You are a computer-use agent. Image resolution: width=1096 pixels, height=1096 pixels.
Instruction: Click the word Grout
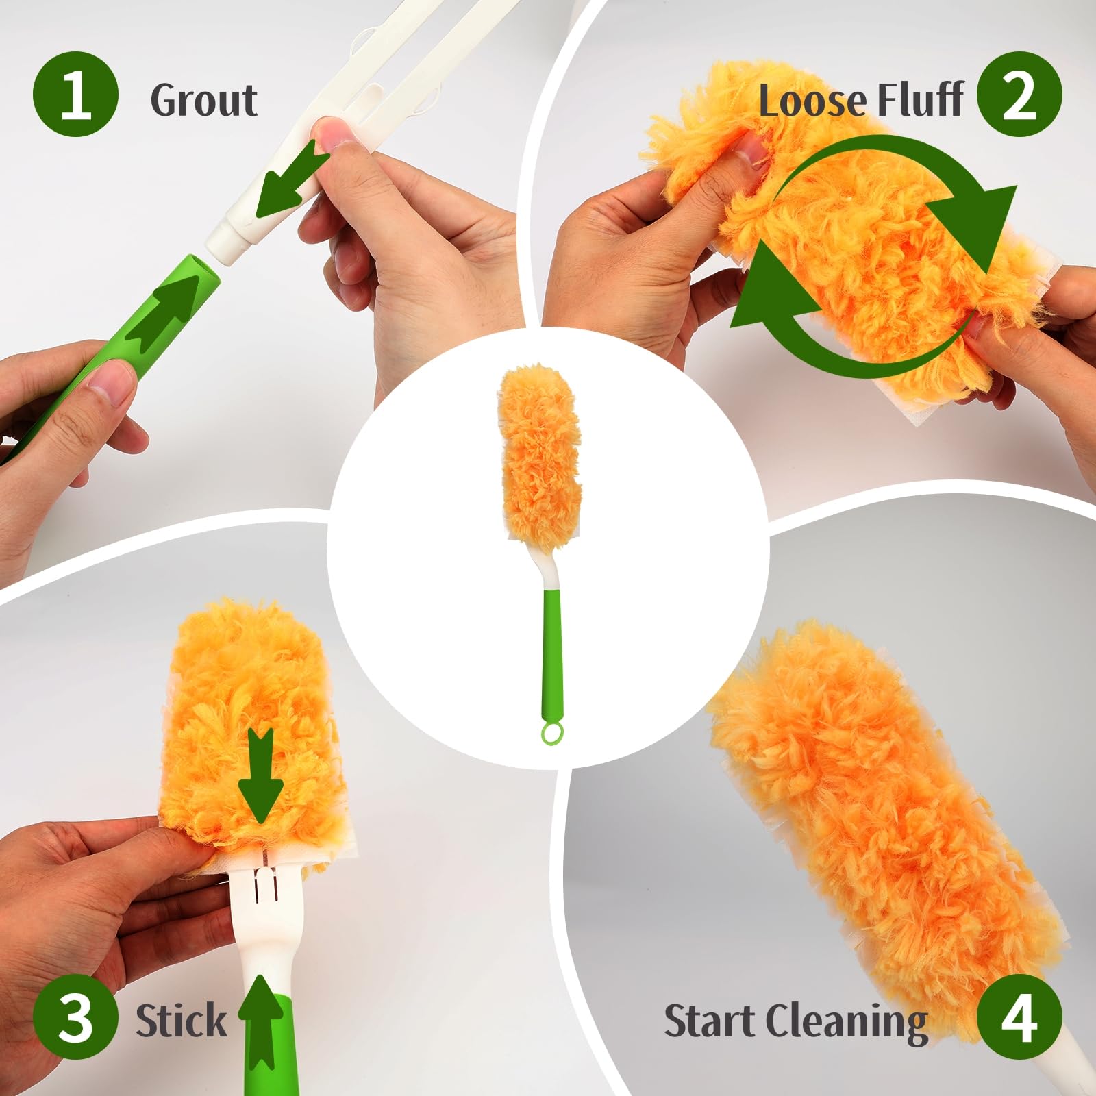[x=203, y=100]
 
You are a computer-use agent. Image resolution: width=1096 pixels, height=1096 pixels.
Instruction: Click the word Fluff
[x=921, y=100]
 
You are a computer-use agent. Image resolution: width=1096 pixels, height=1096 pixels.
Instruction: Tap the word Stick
[x=181, y=1021]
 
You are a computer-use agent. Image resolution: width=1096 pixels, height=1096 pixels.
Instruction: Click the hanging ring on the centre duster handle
[x=551, y=732]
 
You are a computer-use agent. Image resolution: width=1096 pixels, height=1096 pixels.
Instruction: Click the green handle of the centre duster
[x=553, y=644]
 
